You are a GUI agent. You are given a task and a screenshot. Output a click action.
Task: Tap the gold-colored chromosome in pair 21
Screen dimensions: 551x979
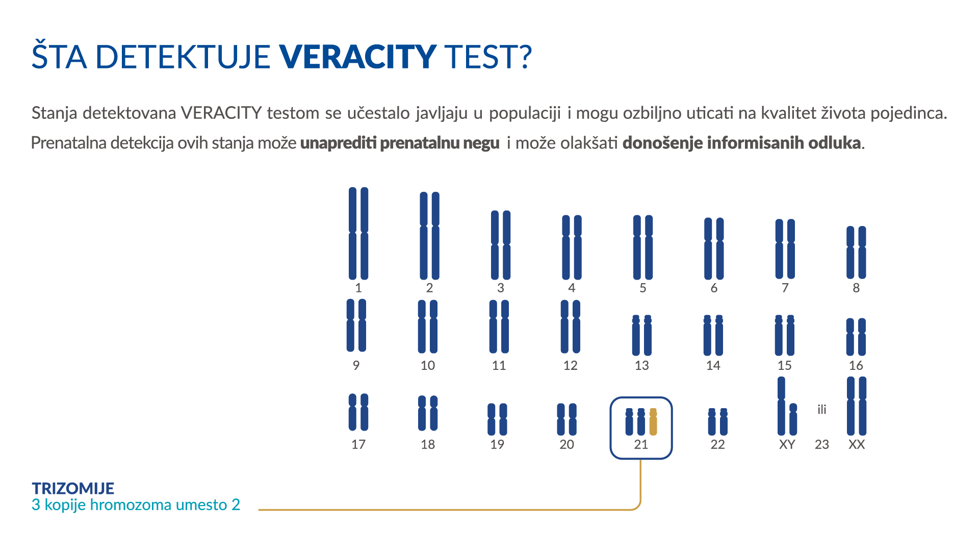(653, 422)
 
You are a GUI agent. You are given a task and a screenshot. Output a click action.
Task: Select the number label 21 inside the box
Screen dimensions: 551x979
(641, 444)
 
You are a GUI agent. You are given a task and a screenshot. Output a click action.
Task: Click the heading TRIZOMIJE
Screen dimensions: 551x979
(73, 488)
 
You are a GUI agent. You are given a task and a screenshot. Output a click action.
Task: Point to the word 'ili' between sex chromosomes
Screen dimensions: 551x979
(821, 410)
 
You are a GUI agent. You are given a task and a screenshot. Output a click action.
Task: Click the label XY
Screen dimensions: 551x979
(787, 444)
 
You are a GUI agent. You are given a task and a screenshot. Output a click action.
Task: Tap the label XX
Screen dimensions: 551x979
(857, 444)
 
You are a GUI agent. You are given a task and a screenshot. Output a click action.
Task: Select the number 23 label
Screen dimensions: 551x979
(821, 444)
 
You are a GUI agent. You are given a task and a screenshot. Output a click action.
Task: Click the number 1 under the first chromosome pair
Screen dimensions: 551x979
(358, 288)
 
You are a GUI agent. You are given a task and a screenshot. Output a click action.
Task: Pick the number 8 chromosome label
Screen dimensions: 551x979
(856, 288)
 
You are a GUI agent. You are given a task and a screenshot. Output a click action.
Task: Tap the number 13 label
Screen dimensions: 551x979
(641, 365)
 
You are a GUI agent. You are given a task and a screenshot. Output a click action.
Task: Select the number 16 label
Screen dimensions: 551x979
(856, 365)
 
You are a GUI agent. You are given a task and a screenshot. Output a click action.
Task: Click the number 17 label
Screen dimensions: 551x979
(358, 444)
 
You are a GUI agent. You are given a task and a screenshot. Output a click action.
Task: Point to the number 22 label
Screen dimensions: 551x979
(717, 444)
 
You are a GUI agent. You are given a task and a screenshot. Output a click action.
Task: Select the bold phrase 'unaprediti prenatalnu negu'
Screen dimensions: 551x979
(400, 143)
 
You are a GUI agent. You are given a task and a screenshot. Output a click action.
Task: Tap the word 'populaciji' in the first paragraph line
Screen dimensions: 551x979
(525, 113)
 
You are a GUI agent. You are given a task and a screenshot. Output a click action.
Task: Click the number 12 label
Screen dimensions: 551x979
(570, 365)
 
